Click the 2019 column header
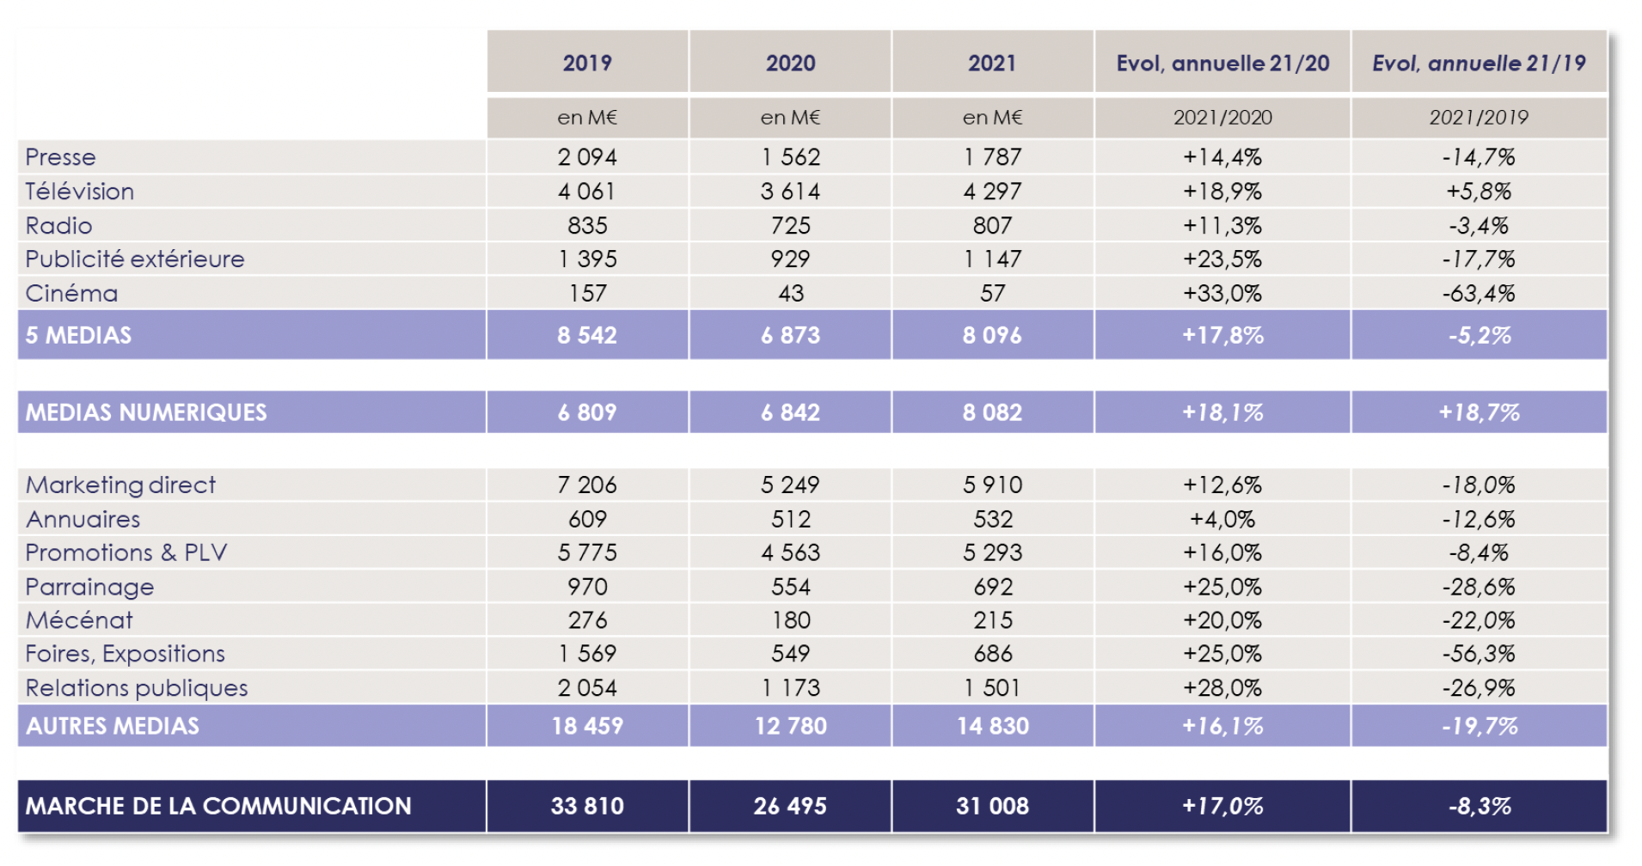[x=587, y=63]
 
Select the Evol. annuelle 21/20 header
[x=1222, y=63]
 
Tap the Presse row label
[x=60, y=157]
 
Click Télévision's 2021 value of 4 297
[x=992, y=191]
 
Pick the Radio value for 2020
[x=790, y=225]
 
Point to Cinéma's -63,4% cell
[x=1479, y=293]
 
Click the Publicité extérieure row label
[x=135, y=259]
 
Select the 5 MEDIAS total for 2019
[x=587, y=335]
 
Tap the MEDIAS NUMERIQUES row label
[x=146, y=412]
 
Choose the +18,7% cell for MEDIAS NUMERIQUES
[x=1479, y=412]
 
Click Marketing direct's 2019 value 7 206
[x=587, y=485]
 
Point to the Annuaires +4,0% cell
[x=1222, y=519]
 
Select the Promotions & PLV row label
[x=126, y=552]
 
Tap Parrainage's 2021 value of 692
[x=992, y=587]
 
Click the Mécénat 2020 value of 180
[x=790, y=620]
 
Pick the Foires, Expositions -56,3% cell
[x=1479, y=654]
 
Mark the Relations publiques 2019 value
[x=587, y=687]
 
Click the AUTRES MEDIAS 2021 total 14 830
[x=992, y=726]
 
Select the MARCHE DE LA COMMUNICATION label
[x=218, y=806]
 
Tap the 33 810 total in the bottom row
[x=587, y=806]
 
